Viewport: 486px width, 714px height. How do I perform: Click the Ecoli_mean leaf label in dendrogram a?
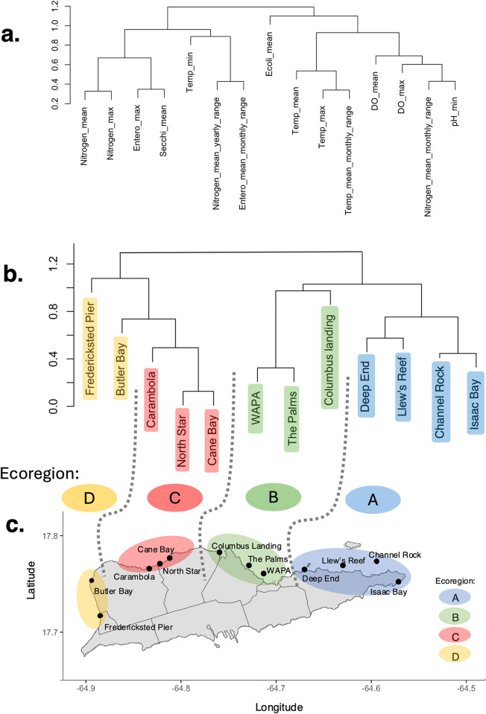[269, 54]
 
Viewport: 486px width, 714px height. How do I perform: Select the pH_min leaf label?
[455, 112]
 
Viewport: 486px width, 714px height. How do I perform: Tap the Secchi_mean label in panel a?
[162, 131]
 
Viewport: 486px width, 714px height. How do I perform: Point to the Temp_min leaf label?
[189, 72]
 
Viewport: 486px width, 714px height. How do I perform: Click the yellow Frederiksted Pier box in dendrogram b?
[89, 348]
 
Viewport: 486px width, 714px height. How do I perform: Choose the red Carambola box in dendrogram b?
[151, 399]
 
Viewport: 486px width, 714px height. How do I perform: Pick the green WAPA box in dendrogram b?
[256, 408]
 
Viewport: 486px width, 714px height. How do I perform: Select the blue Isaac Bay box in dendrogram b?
[476, 403]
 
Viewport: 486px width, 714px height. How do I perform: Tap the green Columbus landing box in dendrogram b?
[329, 357]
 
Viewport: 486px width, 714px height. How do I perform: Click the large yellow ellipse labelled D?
[89, 497]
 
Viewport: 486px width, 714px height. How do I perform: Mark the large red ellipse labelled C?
[174, 497]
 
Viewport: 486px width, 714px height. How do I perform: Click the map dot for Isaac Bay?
[399, 581]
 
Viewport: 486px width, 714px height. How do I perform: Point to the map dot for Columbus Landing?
[219, 552]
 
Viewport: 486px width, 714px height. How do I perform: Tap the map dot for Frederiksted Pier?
[100, 616]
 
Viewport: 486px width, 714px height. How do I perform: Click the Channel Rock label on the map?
[395, 555]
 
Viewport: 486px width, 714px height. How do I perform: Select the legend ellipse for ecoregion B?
[455, 617]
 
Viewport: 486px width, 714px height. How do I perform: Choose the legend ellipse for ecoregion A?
[455, 597]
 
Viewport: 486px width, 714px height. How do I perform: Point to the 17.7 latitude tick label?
[50, 632]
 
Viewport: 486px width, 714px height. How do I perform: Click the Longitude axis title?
[279, 707]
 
